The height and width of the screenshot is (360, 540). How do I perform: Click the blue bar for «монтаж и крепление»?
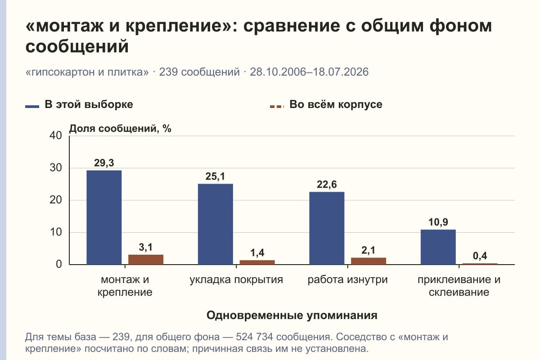pos(104,217)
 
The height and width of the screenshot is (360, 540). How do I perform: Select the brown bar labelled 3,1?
pos(146,260)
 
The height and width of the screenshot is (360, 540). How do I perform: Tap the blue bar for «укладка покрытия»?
pos(216,224)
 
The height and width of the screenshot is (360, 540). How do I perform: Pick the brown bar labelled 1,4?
pos(257,262)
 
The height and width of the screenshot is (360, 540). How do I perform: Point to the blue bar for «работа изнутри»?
pos(327,228)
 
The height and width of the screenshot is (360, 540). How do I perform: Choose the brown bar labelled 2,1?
pos(369,261)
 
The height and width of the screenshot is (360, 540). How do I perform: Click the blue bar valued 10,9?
pos(438,247)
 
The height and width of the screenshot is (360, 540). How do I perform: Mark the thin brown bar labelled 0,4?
pos(480,264)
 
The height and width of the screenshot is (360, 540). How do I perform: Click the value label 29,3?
pos(104,163)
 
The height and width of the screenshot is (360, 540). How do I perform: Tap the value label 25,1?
pos(215,176)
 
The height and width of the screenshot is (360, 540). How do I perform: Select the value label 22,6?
pos(327,184)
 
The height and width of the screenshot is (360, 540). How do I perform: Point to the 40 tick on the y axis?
pos(56,135)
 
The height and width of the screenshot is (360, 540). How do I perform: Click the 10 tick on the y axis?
pos(56,232)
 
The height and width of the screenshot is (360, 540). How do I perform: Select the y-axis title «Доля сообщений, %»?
pos(120,129)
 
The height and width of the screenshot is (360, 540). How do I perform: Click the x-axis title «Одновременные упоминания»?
pos(292,315)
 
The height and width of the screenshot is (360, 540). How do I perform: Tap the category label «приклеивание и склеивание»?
pos(459,286)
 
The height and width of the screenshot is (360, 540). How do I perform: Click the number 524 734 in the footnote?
pos(254,337)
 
